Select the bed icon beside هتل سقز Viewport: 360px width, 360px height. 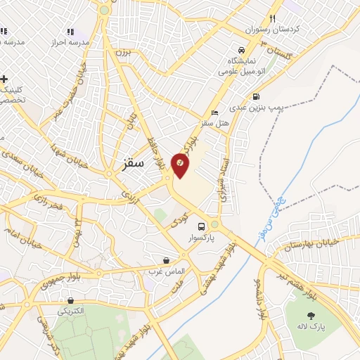[x=214, y=113]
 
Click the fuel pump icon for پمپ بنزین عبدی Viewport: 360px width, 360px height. [x=255, y=96]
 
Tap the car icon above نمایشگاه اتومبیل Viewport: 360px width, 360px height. [x=241, y=51]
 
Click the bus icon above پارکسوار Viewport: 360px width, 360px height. [x=202, y=226]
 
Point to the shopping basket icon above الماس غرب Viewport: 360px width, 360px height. [x=166, y=260]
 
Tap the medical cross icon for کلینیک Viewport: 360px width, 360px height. [x=4, y=79]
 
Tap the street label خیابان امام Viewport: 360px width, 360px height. [x=21, y=238]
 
